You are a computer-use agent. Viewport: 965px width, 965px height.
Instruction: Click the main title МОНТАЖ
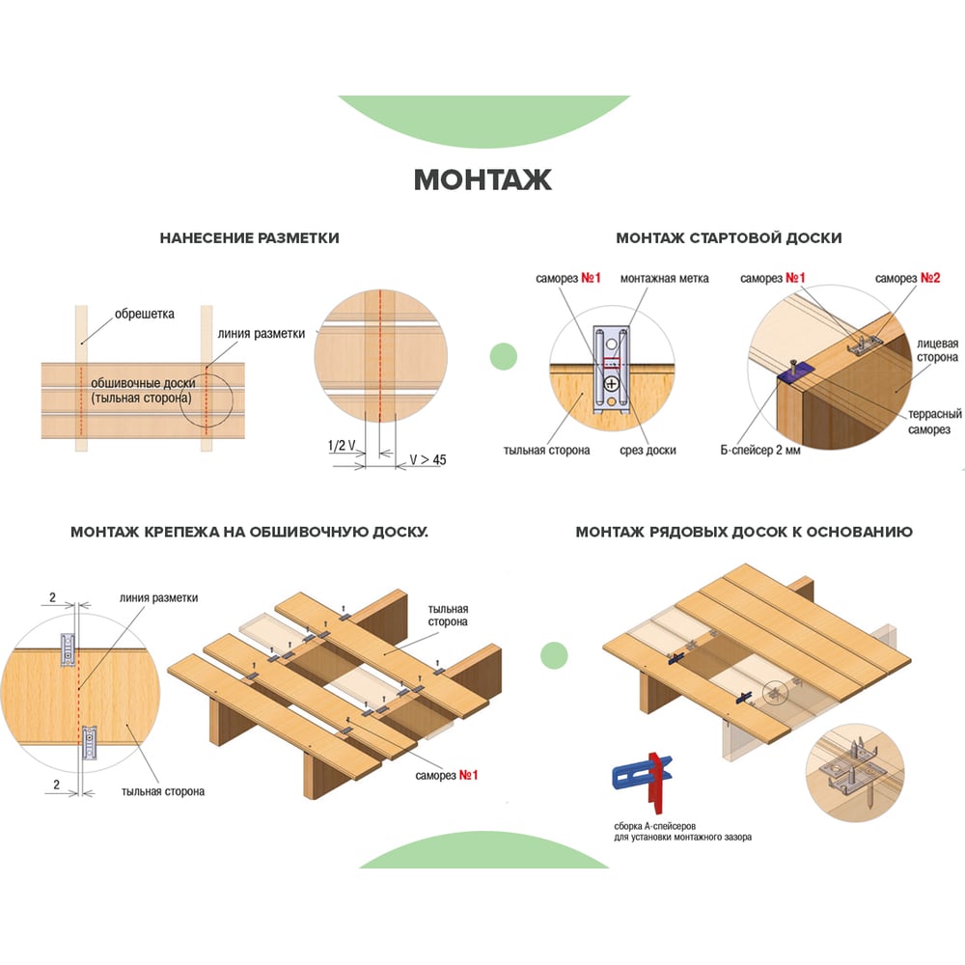pyautogui.click(x=482, y=179)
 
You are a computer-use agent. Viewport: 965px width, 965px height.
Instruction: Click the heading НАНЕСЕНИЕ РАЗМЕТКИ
pyautogui.click(x=249, y=238)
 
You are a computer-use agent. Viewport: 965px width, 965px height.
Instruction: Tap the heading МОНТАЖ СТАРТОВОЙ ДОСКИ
pyautogui.click(x=729, y=238)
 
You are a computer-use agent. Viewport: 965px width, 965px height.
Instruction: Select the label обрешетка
pyautogui.click(x=145, y=314)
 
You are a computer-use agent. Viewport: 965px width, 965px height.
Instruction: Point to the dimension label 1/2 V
pyautogui.click(x=342, y=446)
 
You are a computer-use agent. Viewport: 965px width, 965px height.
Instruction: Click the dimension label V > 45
pyautogui.click(x=427, y=459)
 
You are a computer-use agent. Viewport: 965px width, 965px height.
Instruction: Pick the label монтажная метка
pyautogui.click(x=664, y=278)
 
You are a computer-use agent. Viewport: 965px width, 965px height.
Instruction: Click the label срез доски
pyautogui.click(x=648, y=450)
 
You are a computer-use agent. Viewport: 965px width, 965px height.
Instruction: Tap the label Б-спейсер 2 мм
pyautogui.click(x=760, y=450)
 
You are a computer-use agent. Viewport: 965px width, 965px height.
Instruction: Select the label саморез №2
pyautogui.click(x=907, y=278)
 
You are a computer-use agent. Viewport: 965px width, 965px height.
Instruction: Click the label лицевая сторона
pyautogui.click(x=937, y=350)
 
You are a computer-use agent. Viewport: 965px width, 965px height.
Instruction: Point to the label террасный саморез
pyautogui.click(x=934, y=422)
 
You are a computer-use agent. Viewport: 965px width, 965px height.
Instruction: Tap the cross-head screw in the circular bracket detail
pyautogui.click(x=611, y=384)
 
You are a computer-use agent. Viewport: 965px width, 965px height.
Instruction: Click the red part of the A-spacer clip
pyautogui.click(x=658, y=781)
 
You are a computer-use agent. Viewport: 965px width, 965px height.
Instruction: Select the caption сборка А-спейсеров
pyautogui.click(x=654, y=826)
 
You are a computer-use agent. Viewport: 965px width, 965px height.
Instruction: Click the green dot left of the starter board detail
pyautogui.click(x=504, y=356)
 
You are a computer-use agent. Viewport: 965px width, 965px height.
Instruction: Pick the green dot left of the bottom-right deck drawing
pyautogui.click(x=554, y=655)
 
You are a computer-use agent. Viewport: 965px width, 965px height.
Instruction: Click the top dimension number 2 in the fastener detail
pyautogui.click(x=52, y=597)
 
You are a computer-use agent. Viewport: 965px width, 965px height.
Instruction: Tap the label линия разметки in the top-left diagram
pyautogui.click(x=261, y=334)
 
